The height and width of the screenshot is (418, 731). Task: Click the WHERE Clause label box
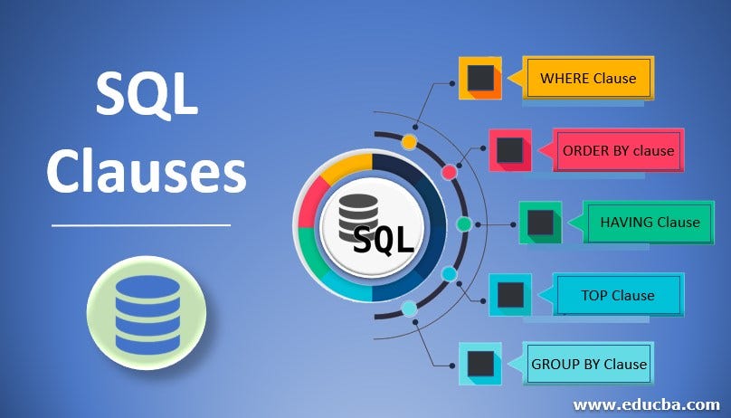coord(588,78)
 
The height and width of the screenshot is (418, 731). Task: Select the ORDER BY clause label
coord(618,149)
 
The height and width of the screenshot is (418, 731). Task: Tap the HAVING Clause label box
coord(649,222)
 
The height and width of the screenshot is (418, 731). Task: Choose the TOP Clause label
coord(619,295)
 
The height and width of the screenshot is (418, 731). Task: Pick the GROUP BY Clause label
coord(588,365)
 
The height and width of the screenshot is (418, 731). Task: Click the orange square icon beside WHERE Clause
coord(479,78)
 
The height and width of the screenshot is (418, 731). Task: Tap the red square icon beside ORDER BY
coord(509,149)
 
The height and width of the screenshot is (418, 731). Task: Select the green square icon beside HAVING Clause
coord(540,223)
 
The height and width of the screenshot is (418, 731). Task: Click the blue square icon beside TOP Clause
coord(510,294)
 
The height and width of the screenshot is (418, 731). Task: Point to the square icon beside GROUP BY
coord(479,365)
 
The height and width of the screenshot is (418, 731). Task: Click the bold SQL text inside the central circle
coord(383,240)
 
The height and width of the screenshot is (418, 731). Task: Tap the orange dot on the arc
coord(409,142)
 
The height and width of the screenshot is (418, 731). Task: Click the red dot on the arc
coord(449,172)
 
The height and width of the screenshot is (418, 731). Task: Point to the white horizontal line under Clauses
coord(141,224)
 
